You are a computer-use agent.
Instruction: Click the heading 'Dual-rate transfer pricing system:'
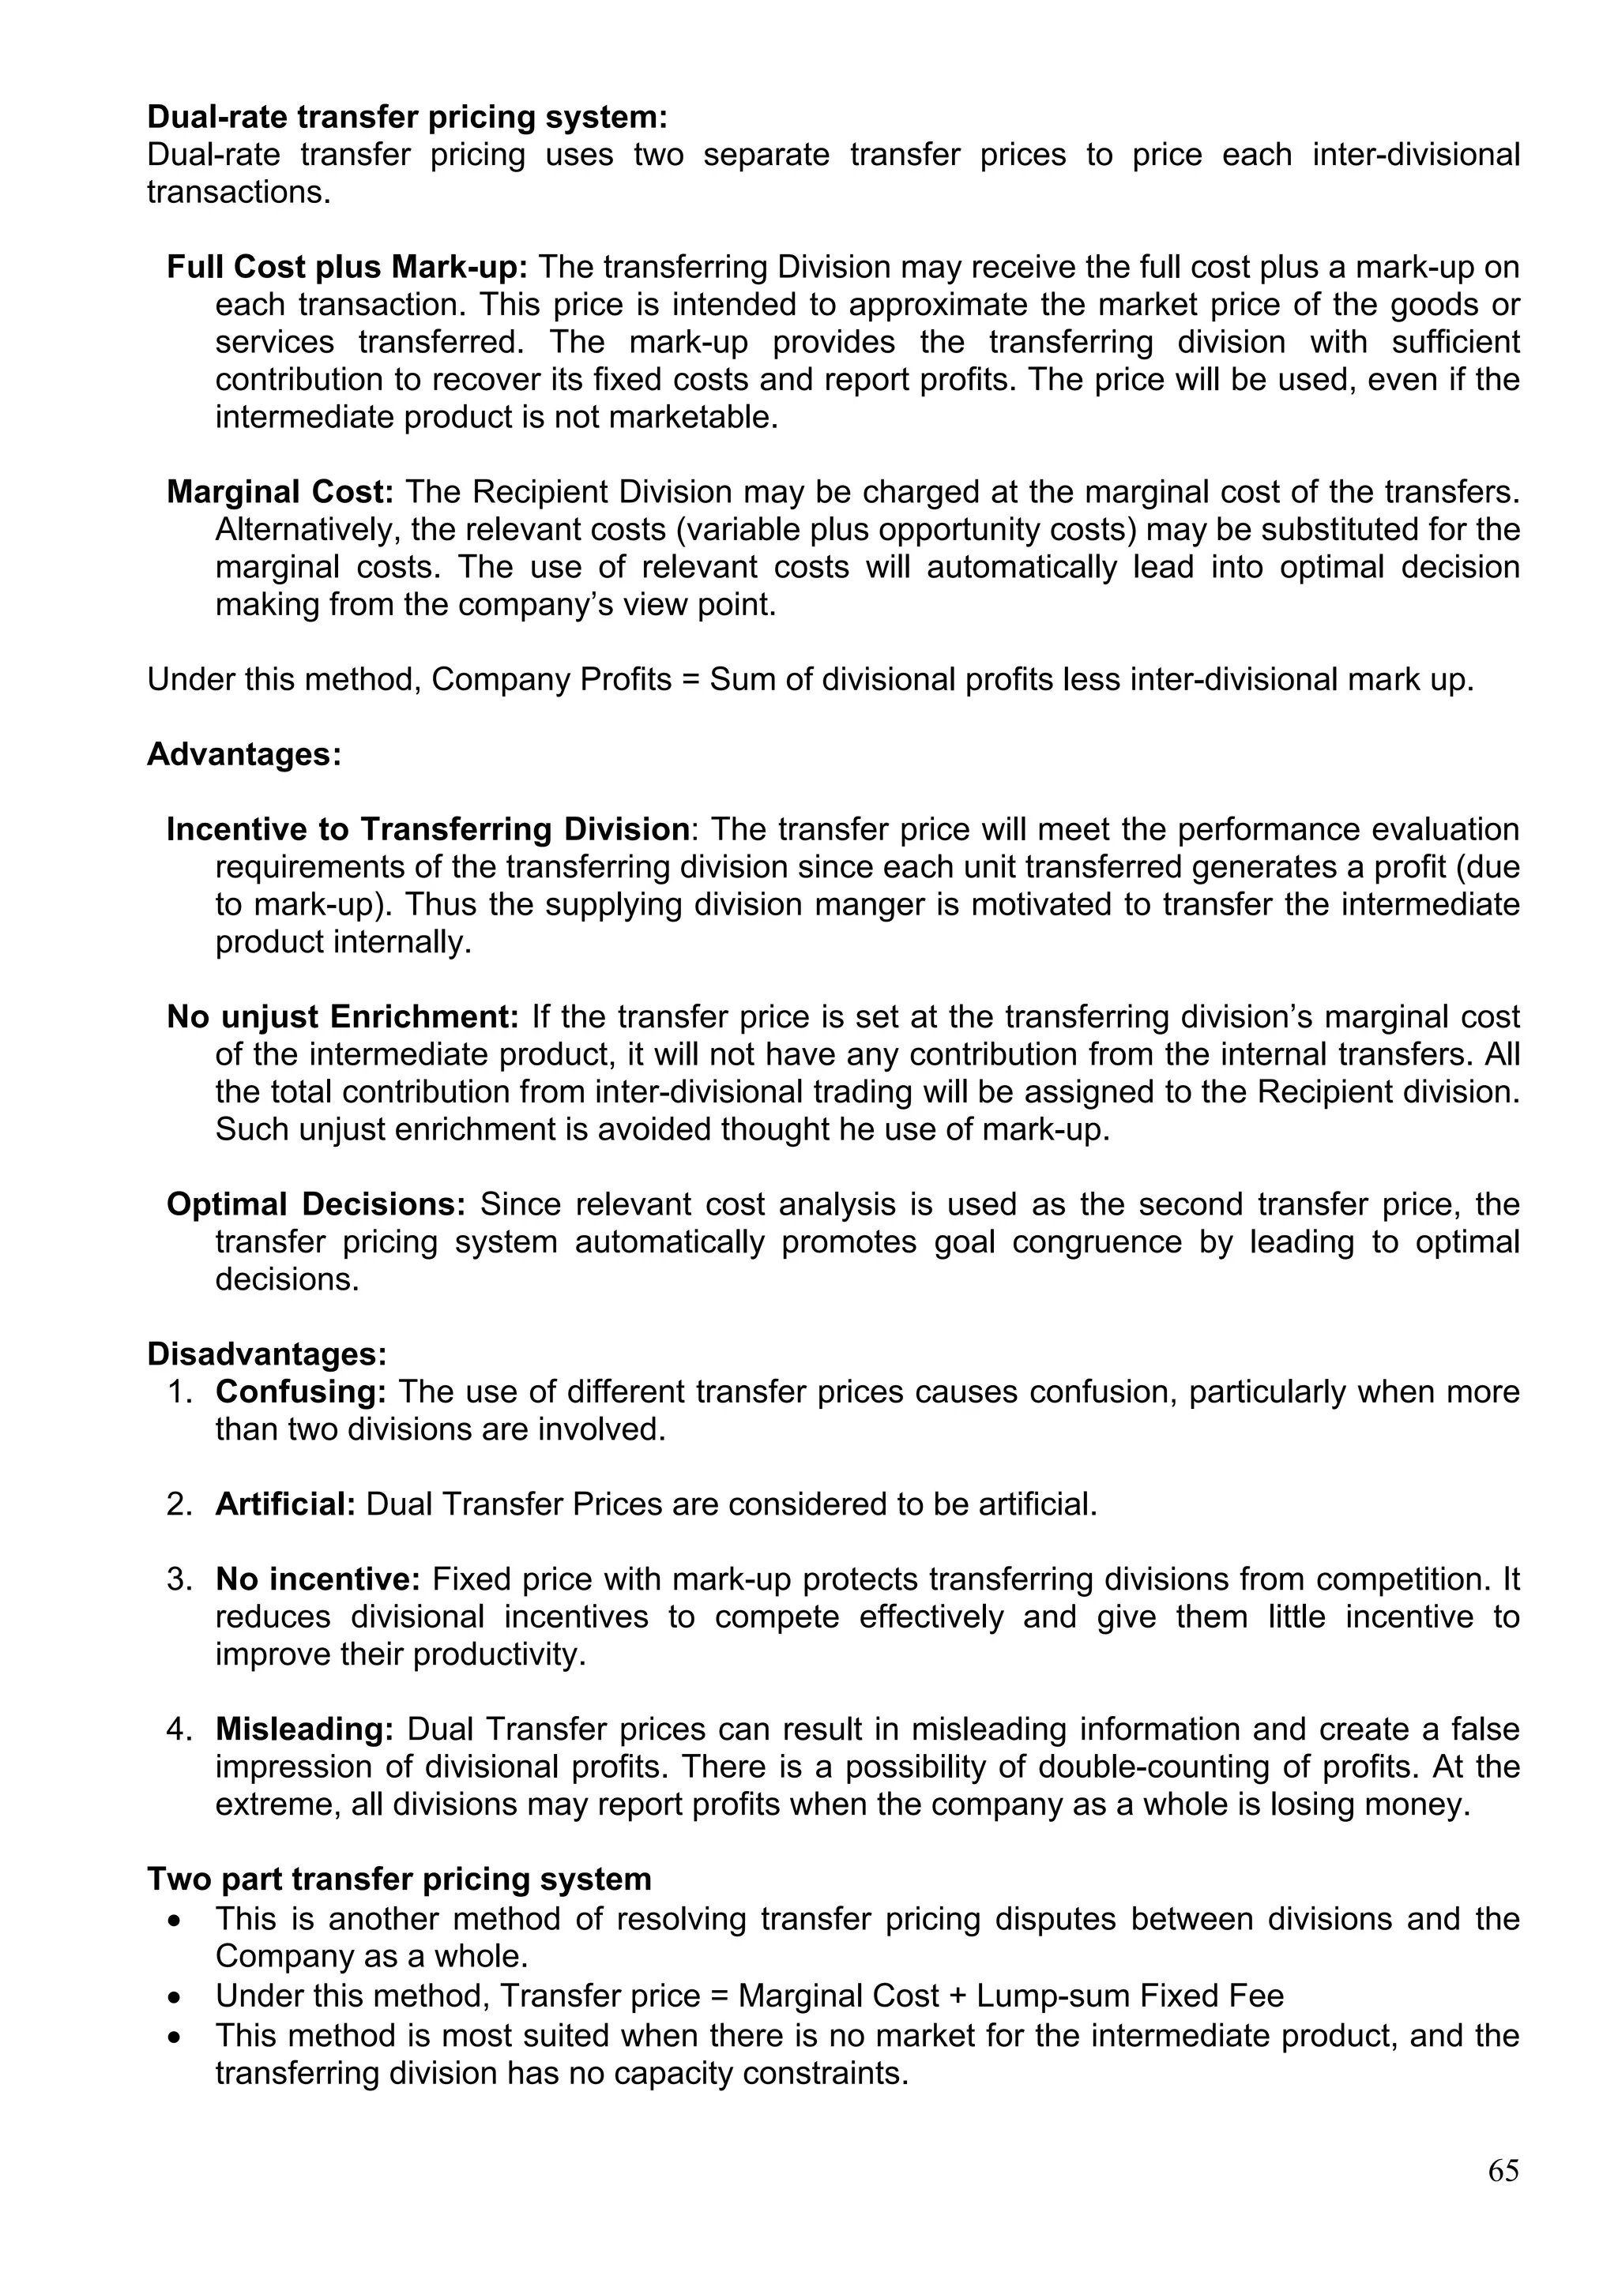click(407, 118)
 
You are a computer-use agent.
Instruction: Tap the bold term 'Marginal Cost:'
click(280, 492)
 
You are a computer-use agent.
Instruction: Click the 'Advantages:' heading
click(244, 754)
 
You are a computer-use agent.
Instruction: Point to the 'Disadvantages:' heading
click(267, 1354)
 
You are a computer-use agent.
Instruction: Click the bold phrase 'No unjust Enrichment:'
click(343, 1017)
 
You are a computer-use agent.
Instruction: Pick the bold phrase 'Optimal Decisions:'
click(316, 1204)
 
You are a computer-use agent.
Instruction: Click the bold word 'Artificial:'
click(285, 1504)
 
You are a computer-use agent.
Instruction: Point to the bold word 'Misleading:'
click(305, 1730)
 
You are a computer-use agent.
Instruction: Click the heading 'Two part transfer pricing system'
click(398, 1879)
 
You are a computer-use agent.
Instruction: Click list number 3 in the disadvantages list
click(179, 1579)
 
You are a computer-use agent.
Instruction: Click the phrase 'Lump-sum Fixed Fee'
click(1130, 1996)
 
